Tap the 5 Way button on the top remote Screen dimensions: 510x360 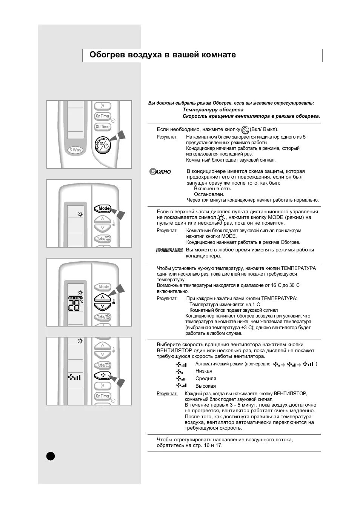(x=75, y=150)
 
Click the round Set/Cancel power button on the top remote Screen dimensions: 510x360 (x=103, y=145)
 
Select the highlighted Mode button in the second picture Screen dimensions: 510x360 (x=103, y=208)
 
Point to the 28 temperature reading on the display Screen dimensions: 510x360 (x=75, y=306)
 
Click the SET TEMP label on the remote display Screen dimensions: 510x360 (x=75, y=298)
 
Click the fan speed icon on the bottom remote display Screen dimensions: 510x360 (x=75, y=377)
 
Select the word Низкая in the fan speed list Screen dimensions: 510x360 (x=204, y=371)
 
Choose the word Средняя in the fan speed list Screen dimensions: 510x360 (x=206, y=379)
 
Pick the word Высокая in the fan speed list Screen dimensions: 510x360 (x=206, y=386)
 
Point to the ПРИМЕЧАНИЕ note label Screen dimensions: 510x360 (x=169, y=250)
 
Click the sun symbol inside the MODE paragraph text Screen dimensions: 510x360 (x=221, y=218)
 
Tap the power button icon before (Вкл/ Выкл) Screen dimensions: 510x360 (x=245, y=130)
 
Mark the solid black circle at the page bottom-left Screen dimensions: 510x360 (x=51, y=456)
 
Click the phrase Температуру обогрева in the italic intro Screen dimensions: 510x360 (x=213, y=110)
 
